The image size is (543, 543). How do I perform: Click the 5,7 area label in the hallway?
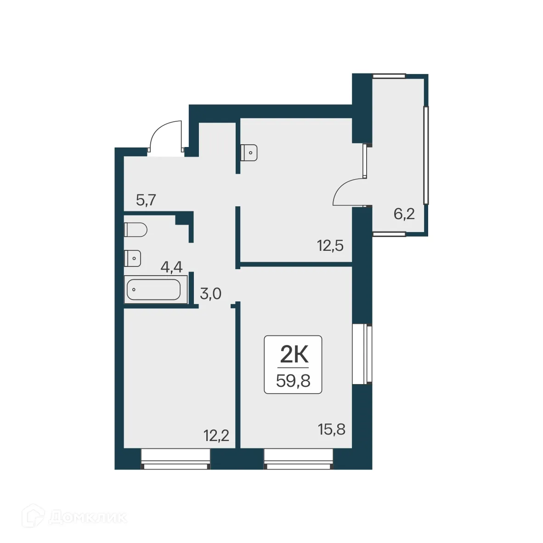[147, 200]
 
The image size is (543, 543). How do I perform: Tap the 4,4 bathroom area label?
[171, 267]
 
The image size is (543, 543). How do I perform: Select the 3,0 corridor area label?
[211, 294]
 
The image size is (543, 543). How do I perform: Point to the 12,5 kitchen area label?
[330, 246]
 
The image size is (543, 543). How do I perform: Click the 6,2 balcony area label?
[404, 214]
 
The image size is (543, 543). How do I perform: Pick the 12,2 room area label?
[216, 435]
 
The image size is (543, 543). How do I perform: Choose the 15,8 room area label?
[332, 430]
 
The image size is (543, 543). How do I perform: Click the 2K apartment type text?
[293, 355]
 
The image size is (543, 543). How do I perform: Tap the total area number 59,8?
[293, 381]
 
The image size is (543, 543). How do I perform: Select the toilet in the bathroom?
[135, 229]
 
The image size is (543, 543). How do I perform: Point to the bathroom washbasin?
[133, 258]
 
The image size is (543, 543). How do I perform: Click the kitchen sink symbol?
[249, 152]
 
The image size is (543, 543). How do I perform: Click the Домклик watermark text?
[87, 518]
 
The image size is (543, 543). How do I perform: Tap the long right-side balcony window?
[427, 155]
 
